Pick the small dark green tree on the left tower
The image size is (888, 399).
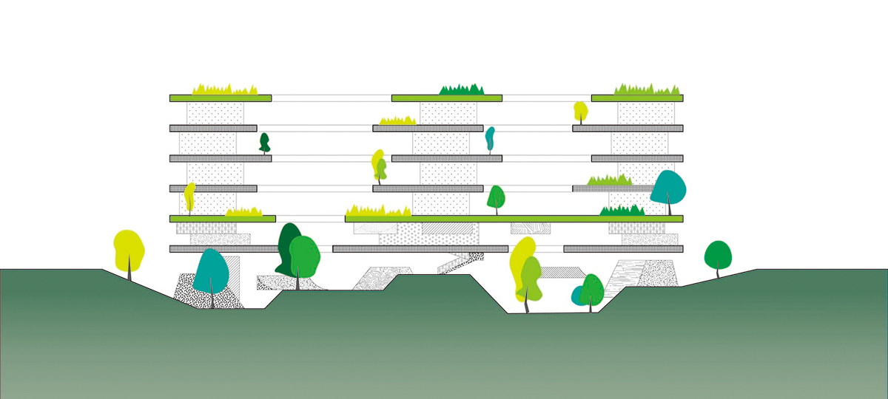pyautogui.click(x=264, y=141)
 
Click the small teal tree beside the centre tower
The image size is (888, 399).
pyautogui.click(x=490, y=137)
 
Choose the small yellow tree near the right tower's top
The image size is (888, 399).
pyautogui.click(x=581, y=111)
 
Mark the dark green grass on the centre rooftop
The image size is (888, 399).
pyautogui.click(x=462, y=90)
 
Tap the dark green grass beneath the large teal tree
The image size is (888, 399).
pyautogui.click(x=622, y=211)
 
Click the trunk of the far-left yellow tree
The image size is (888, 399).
pyautogui.click(x=131, y=273)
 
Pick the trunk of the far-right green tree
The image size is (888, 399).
pyautogui.click(x=717, y=273)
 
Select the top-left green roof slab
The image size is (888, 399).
pyautogui.click(x=221, y=98)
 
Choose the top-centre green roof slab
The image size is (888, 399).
pyautogui.click(x=447, y=98)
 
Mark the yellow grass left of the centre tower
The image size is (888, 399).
pyautogui.click(x=398, y=120)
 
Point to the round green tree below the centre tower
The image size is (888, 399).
pyautogui.click(x=497, y=197)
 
